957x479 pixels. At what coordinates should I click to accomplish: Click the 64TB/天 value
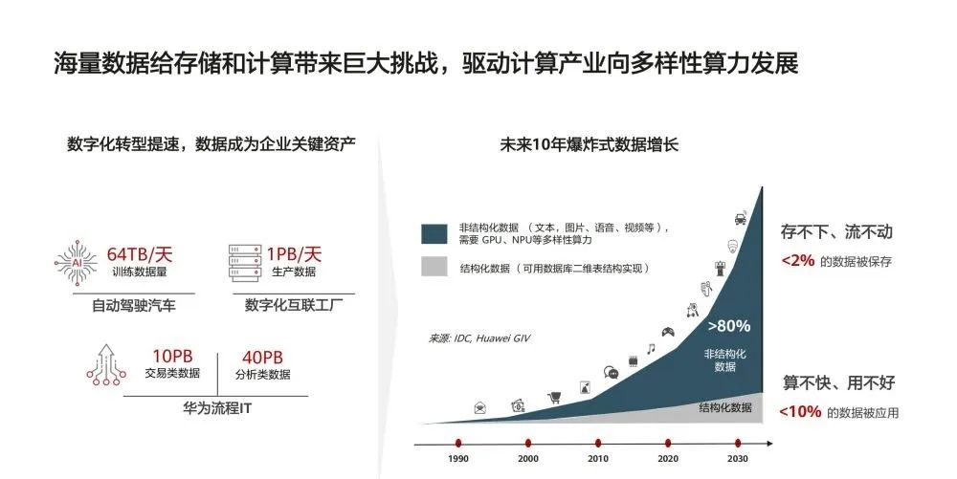[140, 253]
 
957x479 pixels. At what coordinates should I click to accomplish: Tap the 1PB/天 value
[294, 253]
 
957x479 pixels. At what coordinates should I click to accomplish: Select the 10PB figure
[172, 356]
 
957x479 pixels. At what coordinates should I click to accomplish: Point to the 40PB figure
[262, 358]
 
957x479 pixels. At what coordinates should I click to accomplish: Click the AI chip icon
[77, 263]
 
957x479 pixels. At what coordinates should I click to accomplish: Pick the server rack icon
[245, 263]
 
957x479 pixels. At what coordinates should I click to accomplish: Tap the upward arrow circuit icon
[106, 364]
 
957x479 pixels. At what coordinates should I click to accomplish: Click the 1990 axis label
[458, 459]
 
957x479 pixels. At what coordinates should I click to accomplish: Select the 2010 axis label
[598, 459]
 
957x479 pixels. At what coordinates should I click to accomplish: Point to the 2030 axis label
[737, 459]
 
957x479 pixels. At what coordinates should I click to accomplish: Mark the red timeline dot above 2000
[528, 444]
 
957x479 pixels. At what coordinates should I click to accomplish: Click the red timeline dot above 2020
[668, 444]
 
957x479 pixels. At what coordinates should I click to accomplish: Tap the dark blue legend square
[434, 234]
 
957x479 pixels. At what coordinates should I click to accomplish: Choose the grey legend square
[434, 267]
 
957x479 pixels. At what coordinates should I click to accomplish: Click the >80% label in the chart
[728, 326]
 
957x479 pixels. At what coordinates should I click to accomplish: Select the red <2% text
[798, 260]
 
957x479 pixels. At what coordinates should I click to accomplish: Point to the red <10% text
[800, 412]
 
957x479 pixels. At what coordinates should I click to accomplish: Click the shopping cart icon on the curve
[554, 398]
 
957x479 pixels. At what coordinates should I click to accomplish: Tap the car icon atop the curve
[741, 218]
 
